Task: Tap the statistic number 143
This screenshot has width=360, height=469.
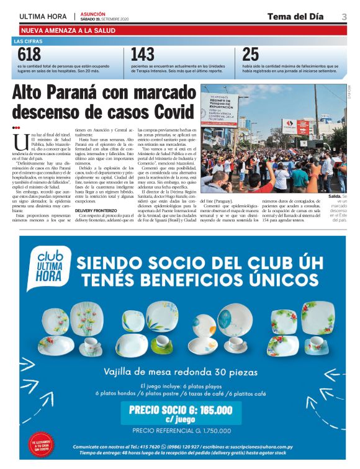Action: click(x=142, y=55)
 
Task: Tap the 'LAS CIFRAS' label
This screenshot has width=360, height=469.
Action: click(x=28, y=42)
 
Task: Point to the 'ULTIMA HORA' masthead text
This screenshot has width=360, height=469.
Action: click(x=44, y=16)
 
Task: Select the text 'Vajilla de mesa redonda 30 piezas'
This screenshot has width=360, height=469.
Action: click(x=180, y=371)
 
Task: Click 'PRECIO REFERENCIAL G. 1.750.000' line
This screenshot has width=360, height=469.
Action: click(x=180, y=429)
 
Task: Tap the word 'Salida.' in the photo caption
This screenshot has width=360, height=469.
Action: click(x=335, y=196)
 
